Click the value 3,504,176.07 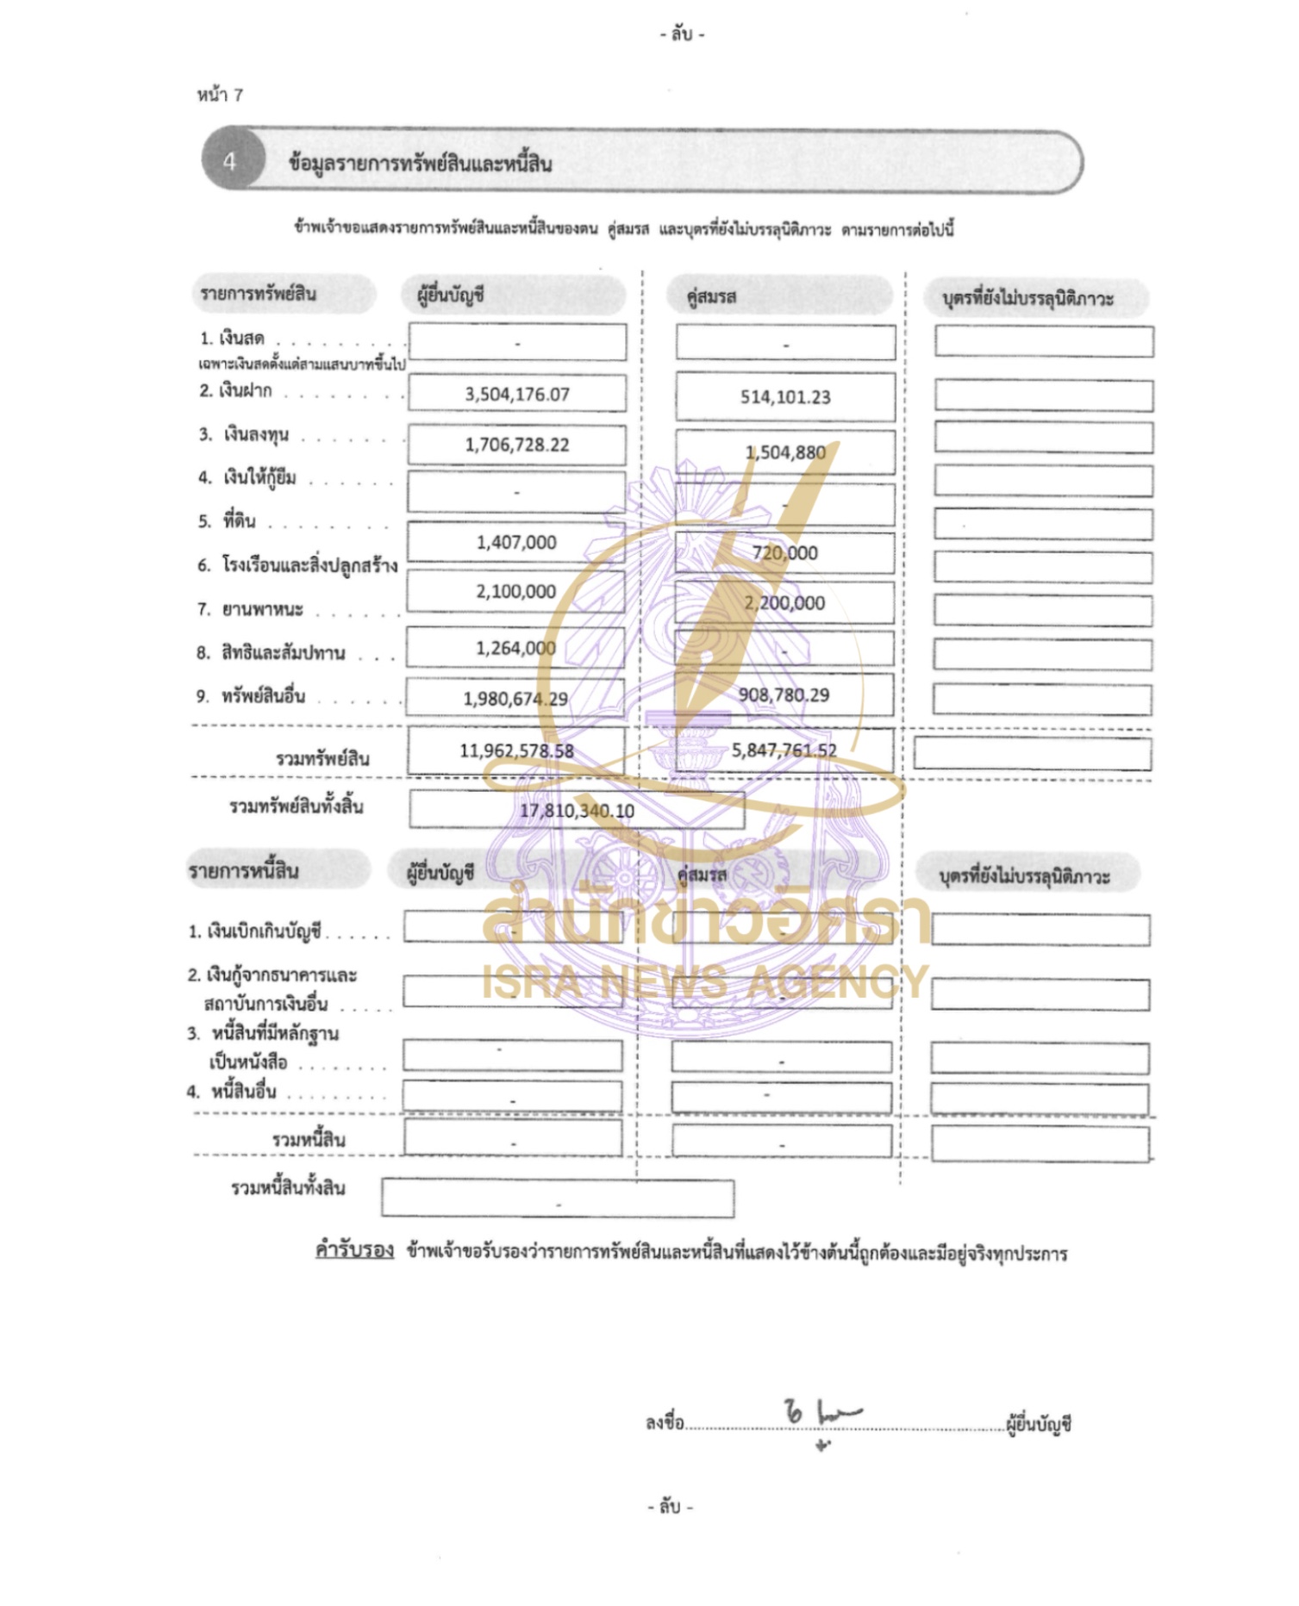tap(517, 395)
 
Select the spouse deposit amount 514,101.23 tap(785, 397)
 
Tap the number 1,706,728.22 tap(517, 445)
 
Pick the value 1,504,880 tap(785, 452)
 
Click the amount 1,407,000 tap(516, 542)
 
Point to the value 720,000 tap(784, 553)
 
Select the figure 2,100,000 tap(516, 591)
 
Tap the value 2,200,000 tap(784, 603)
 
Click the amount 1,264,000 tap(515, 648)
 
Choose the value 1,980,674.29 tap(515, 699)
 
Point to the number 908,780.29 tap(784, 695)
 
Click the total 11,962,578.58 tap(516, 750)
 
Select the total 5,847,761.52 tap(784, 750)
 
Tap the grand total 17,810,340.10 tap(577, 811)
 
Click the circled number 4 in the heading tap(229, 161)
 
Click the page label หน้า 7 tap(220, 96)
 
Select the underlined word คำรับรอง tap(354, 1250)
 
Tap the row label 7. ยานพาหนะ tap(251, 609)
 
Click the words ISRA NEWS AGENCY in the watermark tap(705, 981)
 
